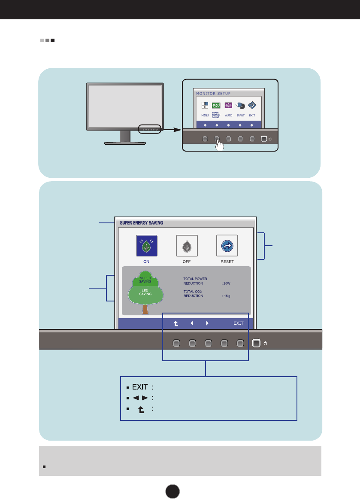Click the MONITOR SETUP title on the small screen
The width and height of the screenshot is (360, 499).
(x=213, y=93)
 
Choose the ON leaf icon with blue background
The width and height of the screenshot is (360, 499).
(x=146, y=246)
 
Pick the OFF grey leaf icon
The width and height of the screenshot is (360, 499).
(x=187, y=246)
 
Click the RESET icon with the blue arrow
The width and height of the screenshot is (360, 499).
(x=227, y=246)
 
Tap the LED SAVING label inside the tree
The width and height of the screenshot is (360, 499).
(x=145, y=292)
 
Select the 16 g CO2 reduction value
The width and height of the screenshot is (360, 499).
(x=227, y=296)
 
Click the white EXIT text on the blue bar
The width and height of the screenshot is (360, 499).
(x=239, y=323)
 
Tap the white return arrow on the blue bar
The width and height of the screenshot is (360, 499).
(x=175, y=323)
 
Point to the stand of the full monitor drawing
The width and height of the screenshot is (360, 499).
(x=125, y=136)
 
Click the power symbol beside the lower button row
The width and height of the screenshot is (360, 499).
(x=266, y=343)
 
